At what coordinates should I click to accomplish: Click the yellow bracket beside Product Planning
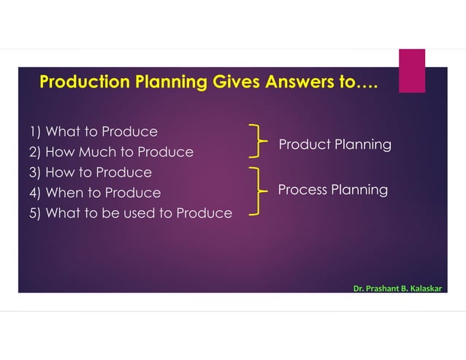[x=256, y=140]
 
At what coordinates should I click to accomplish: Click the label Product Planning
[x=335, y=145]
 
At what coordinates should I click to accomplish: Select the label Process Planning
[x=332, y=190]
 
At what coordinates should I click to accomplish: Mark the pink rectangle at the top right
[x=411, y=71]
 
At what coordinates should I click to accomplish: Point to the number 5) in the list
[x=35, y=213]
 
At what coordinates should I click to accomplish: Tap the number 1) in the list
[x=35, y=132]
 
